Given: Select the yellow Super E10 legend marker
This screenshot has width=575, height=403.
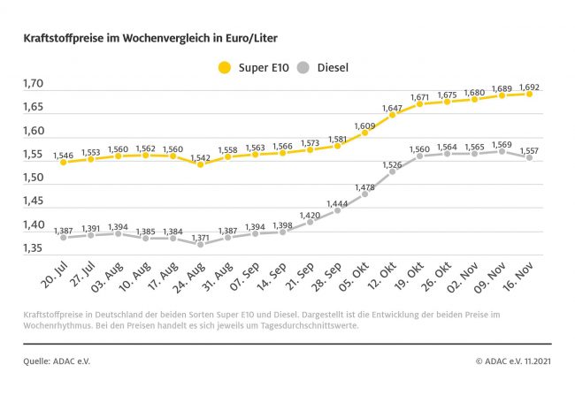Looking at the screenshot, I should pos(224,67).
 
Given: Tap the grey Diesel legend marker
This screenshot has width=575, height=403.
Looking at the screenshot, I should pos(303,67).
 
